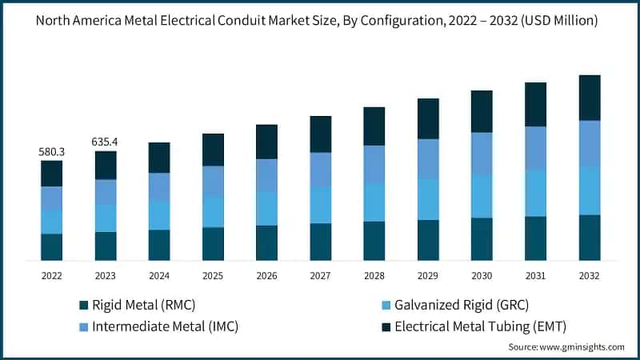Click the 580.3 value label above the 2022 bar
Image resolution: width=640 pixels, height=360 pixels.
pos(51,151)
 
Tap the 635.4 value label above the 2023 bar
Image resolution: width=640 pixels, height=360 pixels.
pos(105,142)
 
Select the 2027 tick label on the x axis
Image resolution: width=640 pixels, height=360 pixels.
pos(320,275)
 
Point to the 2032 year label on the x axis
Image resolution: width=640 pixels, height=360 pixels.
pos(590,275)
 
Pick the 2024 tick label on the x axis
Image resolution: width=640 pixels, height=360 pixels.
pos(159,275)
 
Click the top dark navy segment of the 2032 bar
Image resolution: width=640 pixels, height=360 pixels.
pos(590,98)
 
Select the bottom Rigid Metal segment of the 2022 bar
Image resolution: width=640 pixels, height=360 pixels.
pos(51,246)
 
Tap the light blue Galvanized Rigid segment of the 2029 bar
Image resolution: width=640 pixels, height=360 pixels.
pos(428,198)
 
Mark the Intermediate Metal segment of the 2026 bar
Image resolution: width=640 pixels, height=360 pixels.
pos(266,174)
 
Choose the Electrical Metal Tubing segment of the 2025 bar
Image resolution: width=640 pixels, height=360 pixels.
pos(213,150)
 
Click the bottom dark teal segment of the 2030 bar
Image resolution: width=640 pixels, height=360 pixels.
pos(482,238)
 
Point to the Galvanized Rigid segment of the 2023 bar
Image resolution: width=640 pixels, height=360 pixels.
pos(105,218)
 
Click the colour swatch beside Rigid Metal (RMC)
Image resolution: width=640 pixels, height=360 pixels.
pos(83,305)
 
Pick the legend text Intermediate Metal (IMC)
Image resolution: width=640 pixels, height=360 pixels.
pos(165,326)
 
